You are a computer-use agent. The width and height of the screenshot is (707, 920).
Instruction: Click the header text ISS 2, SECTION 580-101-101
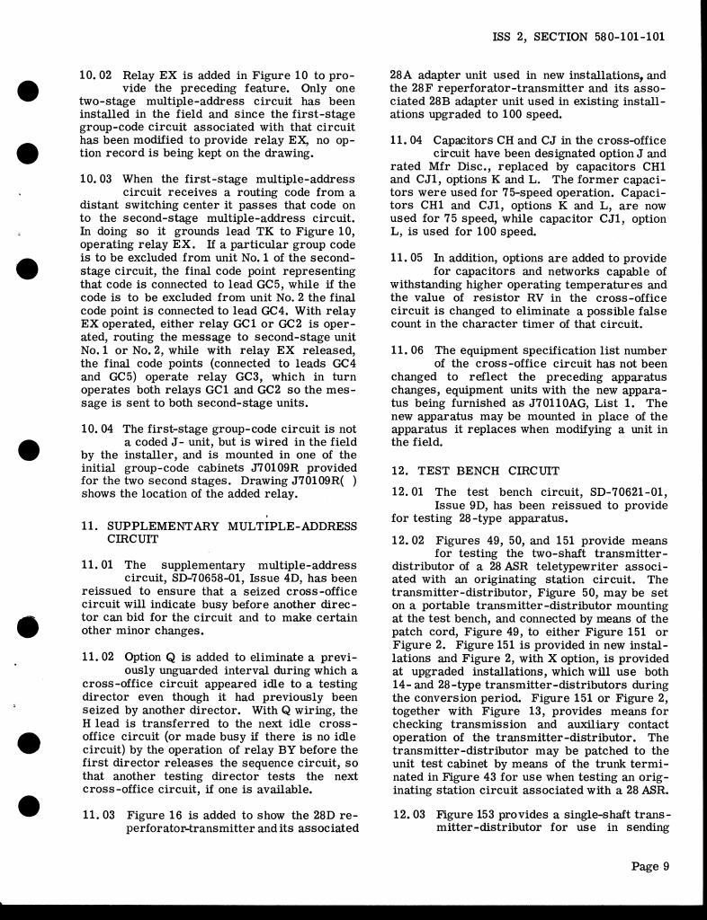click(x=579, y=38)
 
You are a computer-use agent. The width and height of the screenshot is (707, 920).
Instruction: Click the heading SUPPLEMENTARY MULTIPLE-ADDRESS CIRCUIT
click(x=231, y=533)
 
